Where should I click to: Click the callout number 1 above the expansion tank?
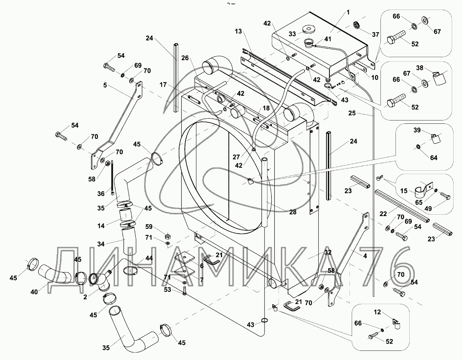pyautogui.click(x=348, y=12)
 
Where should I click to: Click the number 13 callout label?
pyautogui.click(x=239, y=31)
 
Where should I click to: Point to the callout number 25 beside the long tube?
pyautogui.click(x=352, y=113)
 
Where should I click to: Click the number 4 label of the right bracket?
pyautogui.click(x=365, y=256)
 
